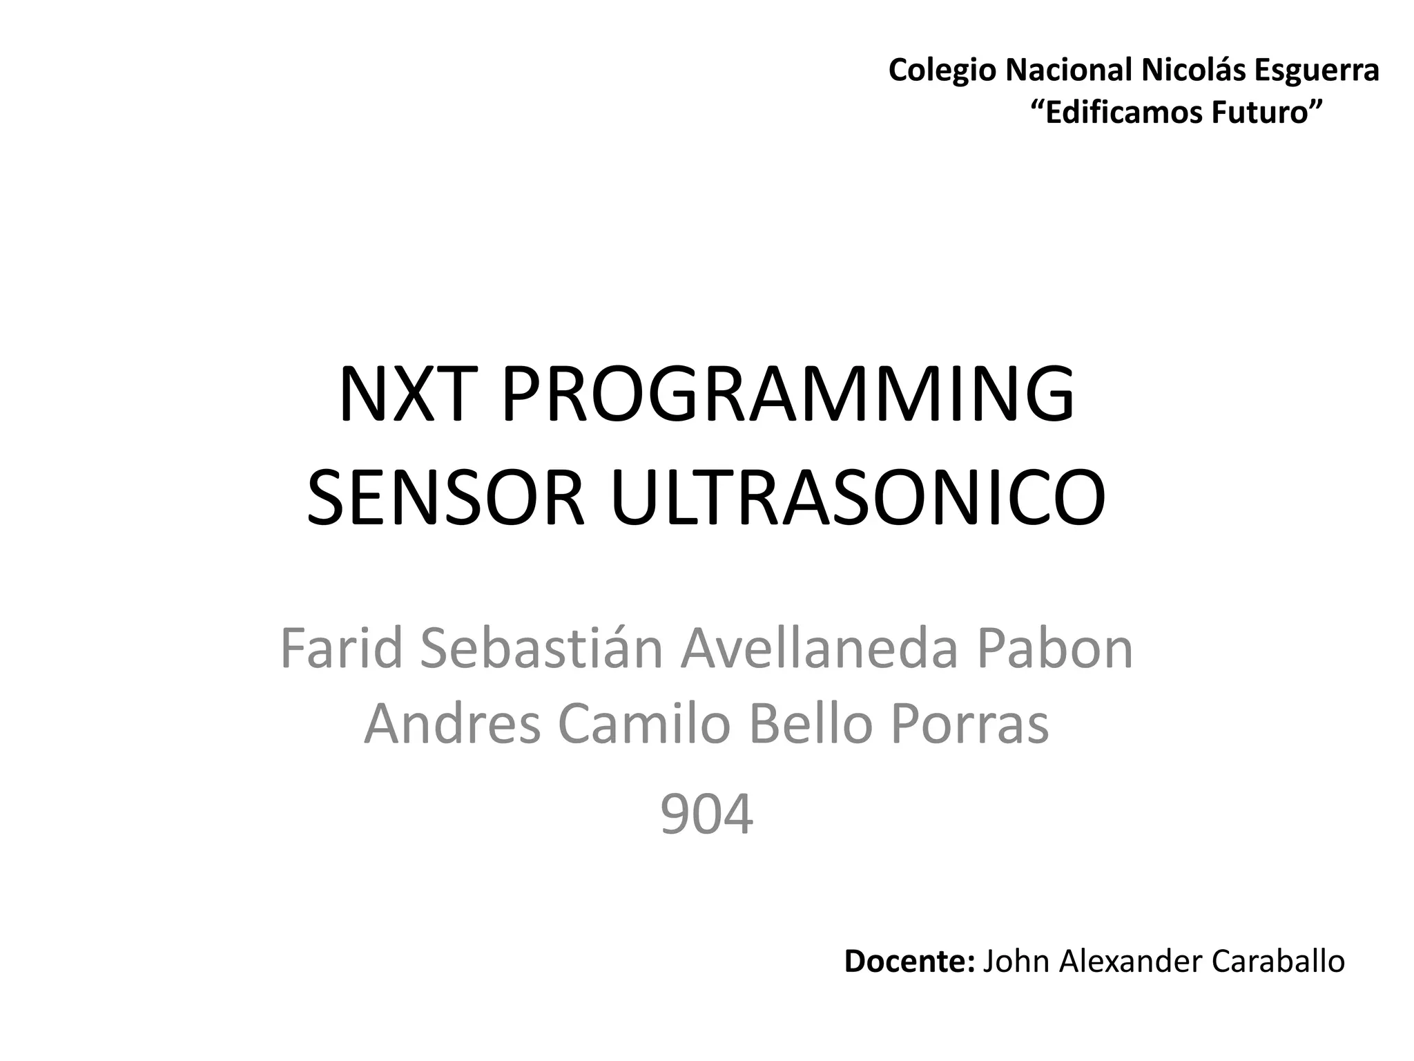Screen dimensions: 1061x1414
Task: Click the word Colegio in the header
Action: pos(942,70)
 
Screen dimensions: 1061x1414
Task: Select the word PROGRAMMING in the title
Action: pos(787,394)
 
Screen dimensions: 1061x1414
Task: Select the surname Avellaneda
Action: pos(819,649)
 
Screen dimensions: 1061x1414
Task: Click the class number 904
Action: pos(706,815)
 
